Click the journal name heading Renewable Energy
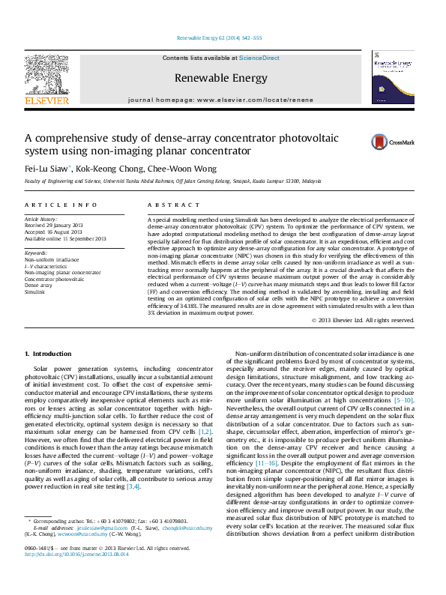pos(220,78)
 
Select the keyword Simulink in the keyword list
pos(35,290)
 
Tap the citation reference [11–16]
pos(266,464)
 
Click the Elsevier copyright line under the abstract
pos(363,320)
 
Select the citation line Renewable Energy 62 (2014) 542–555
pos(220,37)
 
